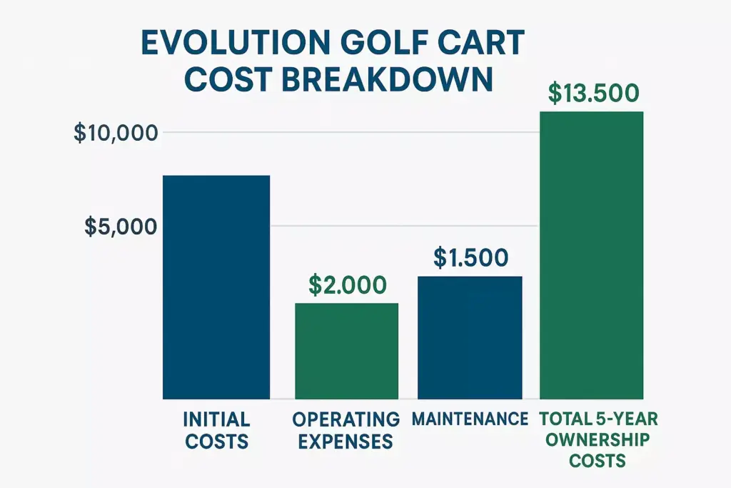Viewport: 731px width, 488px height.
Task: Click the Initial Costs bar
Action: (217, 287)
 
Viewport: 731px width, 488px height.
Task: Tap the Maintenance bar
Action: (470, 337)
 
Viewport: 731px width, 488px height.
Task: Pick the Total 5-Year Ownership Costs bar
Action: (591, 255)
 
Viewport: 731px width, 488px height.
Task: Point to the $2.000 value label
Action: (348, 284)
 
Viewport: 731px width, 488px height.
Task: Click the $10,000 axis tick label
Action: (114, 133)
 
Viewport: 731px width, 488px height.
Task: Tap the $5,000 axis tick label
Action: (120, 226)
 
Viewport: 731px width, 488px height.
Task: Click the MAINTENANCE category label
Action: (470, 419)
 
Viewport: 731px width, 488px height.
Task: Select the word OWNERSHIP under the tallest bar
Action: (599, 439)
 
